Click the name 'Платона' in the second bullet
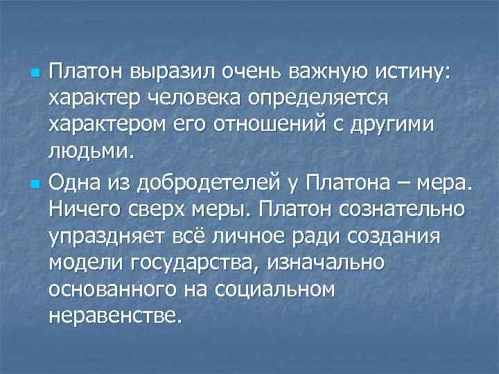pos(359,184)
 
